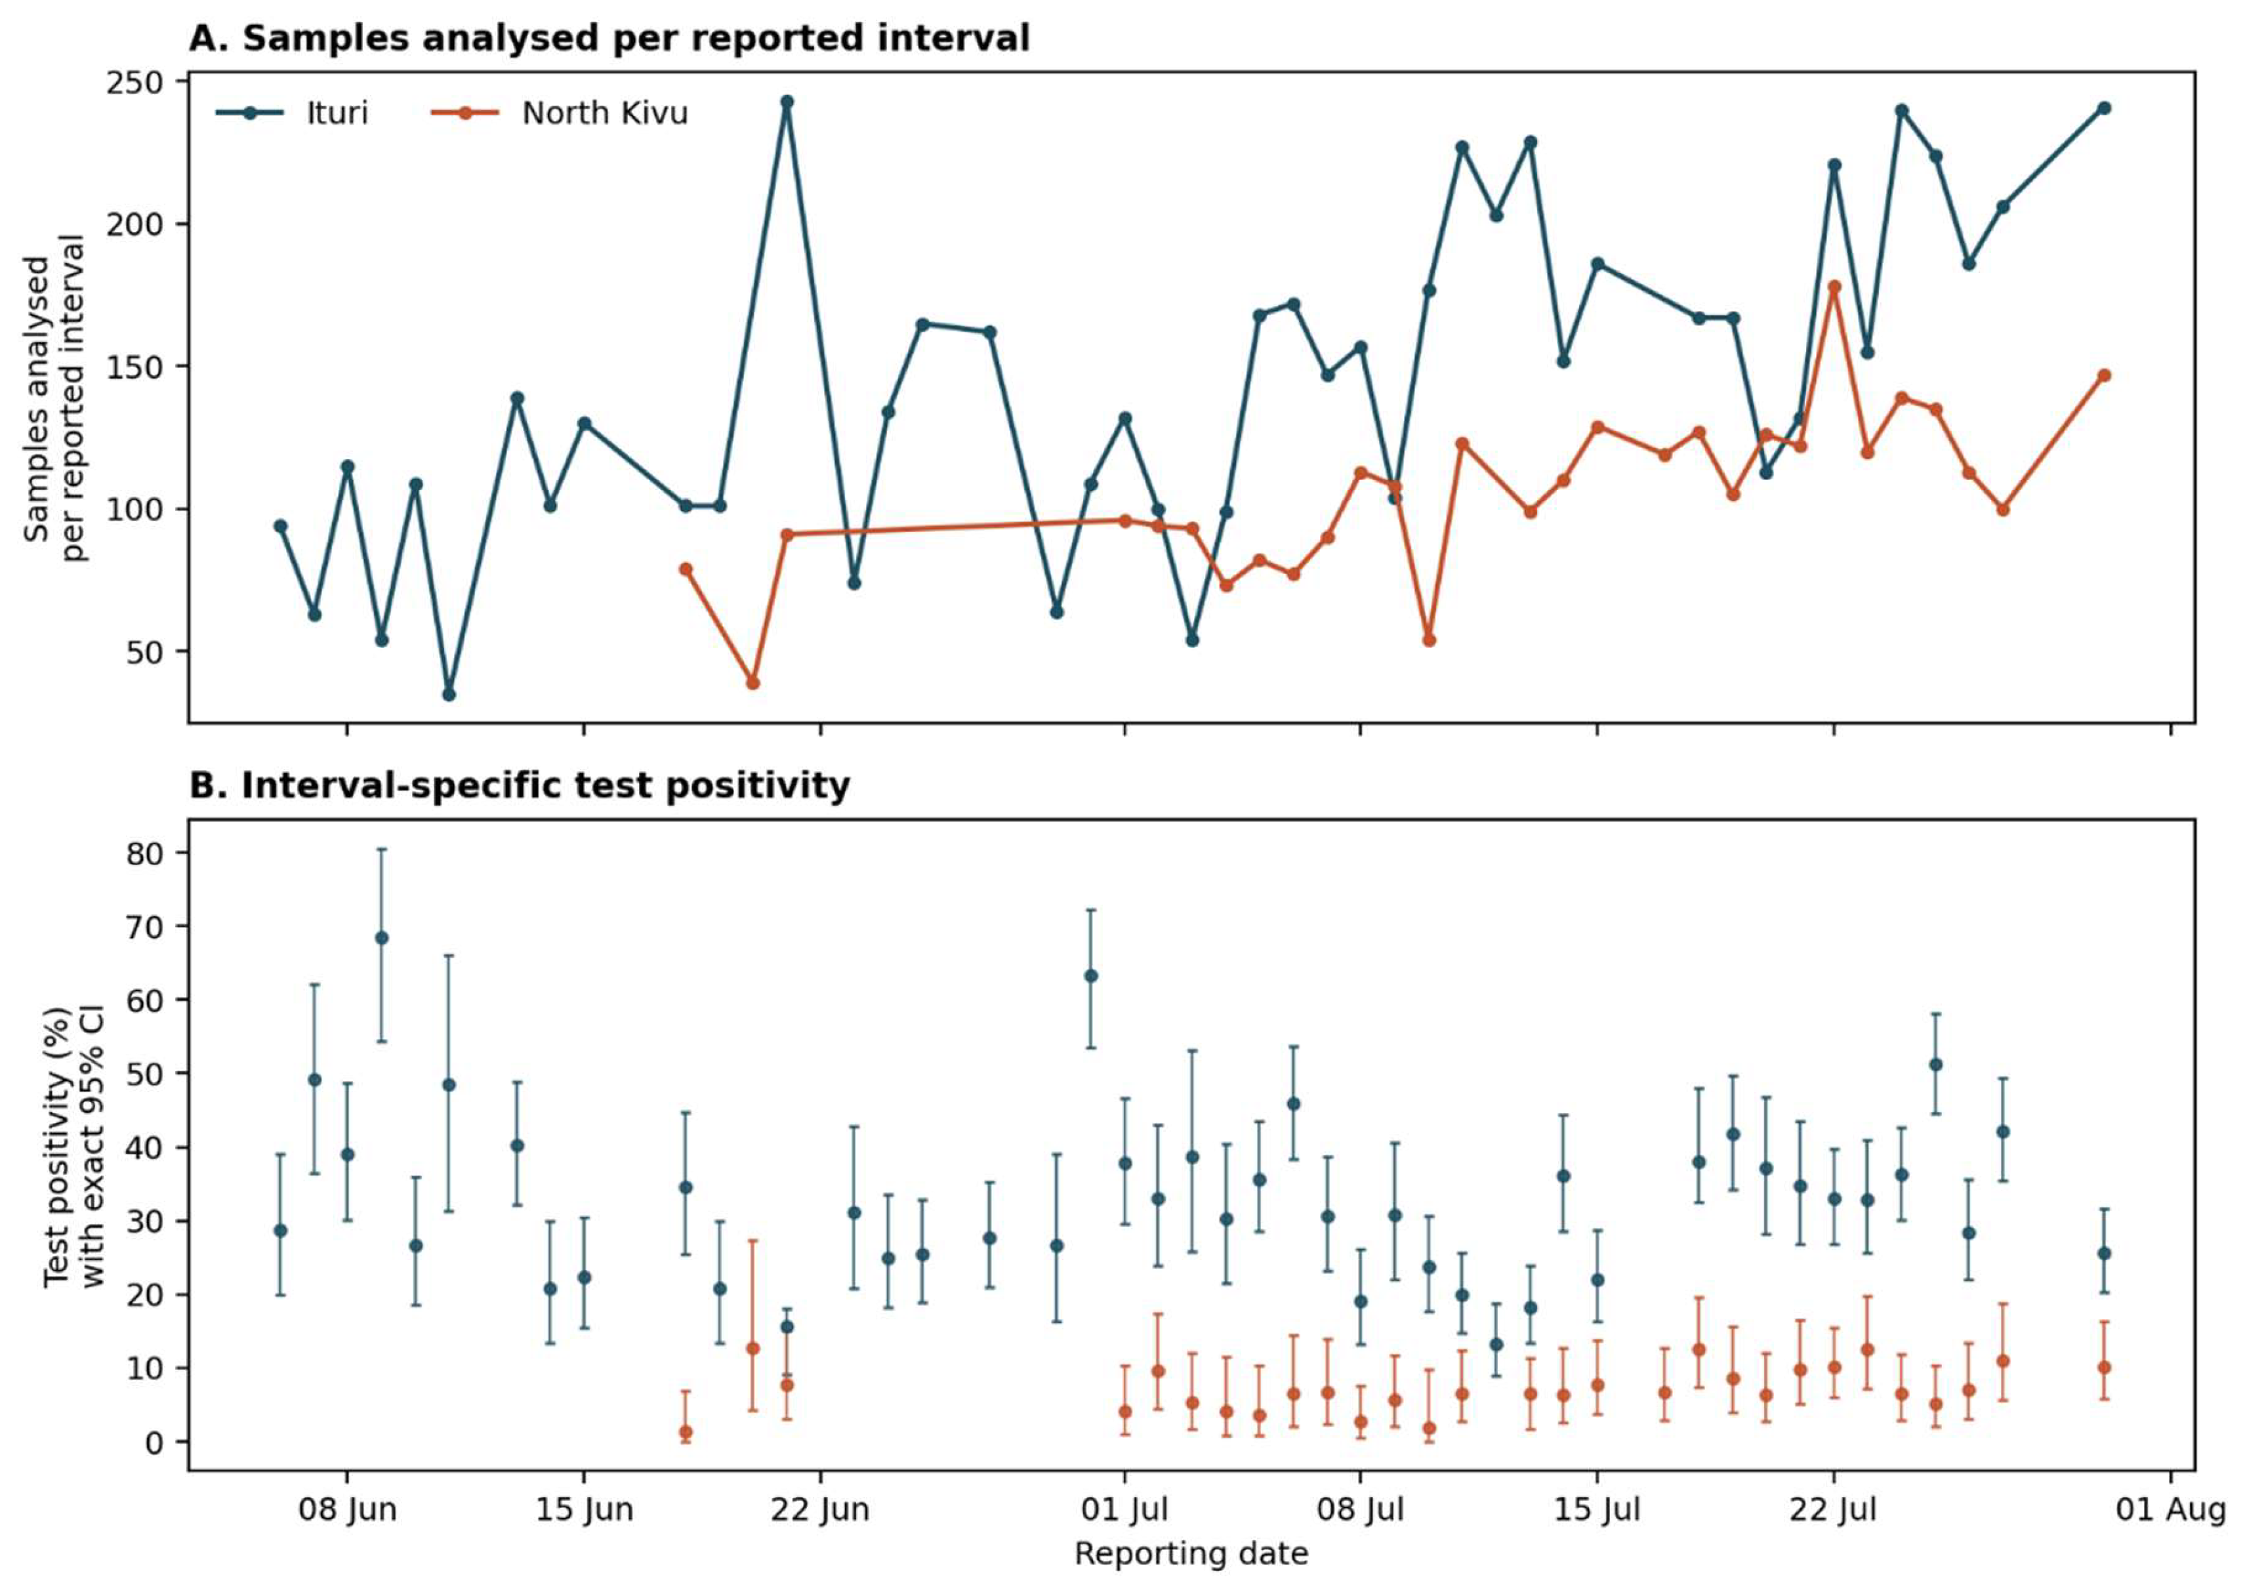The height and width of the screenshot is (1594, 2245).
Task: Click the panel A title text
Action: (609, 38)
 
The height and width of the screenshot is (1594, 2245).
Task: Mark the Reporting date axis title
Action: (1191, 1554)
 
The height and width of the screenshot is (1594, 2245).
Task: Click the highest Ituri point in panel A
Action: (787, 101)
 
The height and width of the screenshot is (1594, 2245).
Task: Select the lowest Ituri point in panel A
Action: (449, 694)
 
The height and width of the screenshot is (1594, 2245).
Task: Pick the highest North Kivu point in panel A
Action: (1834, 287)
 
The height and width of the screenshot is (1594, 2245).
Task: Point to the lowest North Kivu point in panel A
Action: (753, 682)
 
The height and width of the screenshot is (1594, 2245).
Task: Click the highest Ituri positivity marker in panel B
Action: (382, 937)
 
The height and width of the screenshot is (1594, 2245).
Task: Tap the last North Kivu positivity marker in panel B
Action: (2104, 1367)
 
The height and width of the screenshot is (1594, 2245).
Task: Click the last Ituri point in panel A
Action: (2104, 108)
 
